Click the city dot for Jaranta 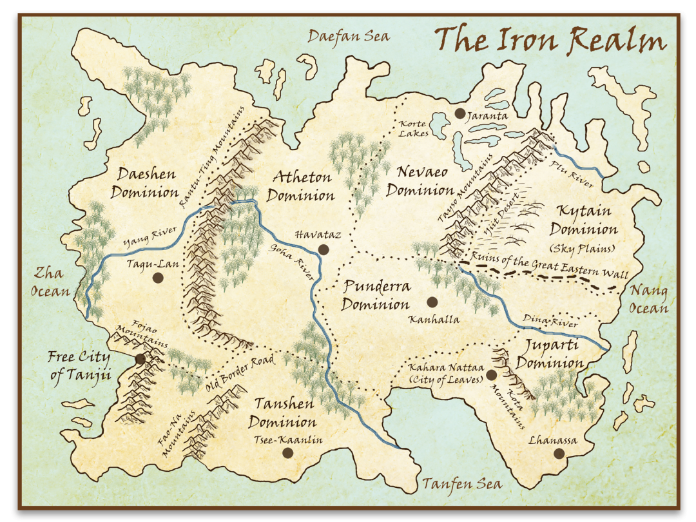click(x=459, y=113)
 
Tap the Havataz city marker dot click(x=324, y=250)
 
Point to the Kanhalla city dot click(x=432, y=302)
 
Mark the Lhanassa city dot click(x=559, y=454)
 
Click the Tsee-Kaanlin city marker click(x=287, y=453)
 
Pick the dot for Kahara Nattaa click(x=491, y=374)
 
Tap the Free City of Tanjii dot click(x=140, y=358)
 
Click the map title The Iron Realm click(x=550, y=41)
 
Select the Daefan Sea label click(x=349, y=36)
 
